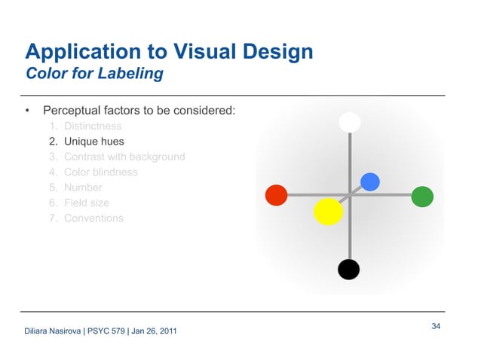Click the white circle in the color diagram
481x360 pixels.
coord(349,122)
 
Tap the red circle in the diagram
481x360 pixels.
coord(277,195)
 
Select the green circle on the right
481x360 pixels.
coord(422,197)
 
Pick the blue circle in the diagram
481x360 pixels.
coord(370,182)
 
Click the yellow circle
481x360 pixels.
coord(328,212)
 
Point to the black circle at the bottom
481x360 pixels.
coord(348,269)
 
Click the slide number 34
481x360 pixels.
coord(436,326)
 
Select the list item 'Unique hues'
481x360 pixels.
coord(93,142)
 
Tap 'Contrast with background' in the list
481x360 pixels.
coord(124,157)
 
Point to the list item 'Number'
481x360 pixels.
coord(83,188)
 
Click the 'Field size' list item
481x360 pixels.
coord(86,203)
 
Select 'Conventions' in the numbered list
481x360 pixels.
coord(93,218)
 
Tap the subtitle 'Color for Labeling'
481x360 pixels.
coord(94,75)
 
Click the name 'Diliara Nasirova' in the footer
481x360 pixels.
coord(54,332)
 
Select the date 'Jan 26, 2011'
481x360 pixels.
coord(155,332)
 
